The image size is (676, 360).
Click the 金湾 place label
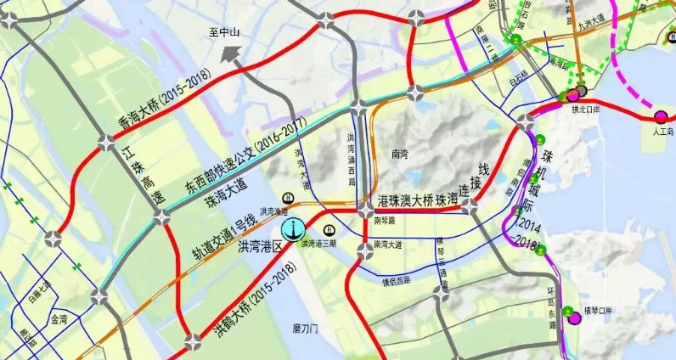(x=59, y=320)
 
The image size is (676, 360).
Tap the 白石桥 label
(x=515, y=76)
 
